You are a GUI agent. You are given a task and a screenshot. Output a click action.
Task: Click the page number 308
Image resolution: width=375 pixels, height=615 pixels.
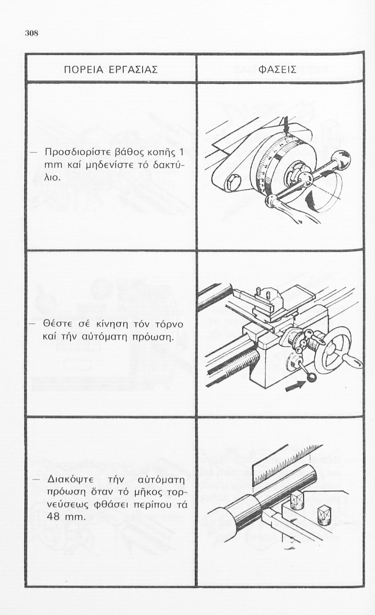[x=31, y=34]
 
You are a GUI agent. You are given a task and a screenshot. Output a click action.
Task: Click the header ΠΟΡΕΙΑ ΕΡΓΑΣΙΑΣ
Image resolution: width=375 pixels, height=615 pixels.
[x=111, y=69]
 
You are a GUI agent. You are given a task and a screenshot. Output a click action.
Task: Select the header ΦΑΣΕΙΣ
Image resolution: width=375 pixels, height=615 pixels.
[x=277, y=69]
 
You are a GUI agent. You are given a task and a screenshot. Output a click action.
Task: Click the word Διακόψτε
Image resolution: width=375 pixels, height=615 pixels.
[x=70, y=481]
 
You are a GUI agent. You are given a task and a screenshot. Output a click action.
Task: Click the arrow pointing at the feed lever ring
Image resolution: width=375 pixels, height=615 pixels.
[x=295, y=386]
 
